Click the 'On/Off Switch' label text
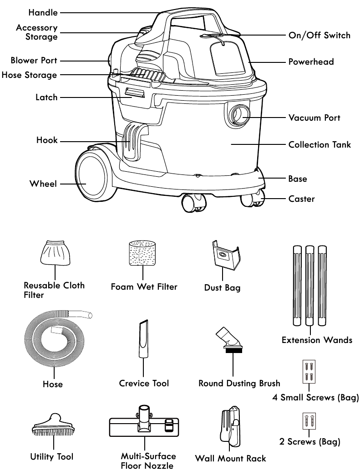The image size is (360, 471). pos(319,36)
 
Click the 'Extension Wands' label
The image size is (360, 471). pos(317,340)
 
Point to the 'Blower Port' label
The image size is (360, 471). pos(34,61)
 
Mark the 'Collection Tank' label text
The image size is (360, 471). pos(319,145)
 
